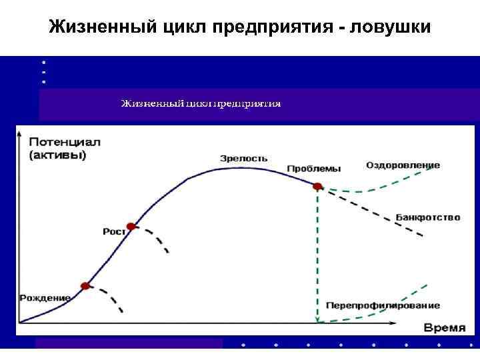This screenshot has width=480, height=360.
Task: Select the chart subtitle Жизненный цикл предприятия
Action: (200, 104)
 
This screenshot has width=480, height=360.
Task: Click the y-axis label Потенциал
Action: (63, 143)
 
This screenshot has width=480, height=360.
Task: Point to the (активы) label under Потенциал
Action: (57, 155)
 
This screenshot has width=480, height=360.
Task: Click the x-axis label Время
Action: (445, 327)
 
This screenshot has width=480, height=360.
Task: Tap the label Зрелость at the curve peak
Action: (244, 158)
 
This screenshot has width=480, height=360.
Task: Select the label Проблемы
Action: (313, 169)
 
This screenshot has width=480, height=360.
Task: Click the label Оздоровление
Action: (403, 165)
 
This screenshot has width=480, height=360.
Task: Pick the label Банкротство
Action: (427, 217)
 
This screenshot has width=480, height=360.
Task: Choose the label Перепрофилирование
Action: (383, 305)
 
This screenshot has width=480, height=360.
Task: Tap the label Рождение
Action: (45, 297)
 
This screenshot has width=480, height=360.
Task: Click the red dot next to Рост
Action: (131, 227)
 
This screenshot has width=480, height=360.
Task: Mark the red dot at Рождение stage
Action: (85, 286)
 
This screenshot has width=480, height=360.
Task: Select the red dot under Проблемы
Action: (318, 187)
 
